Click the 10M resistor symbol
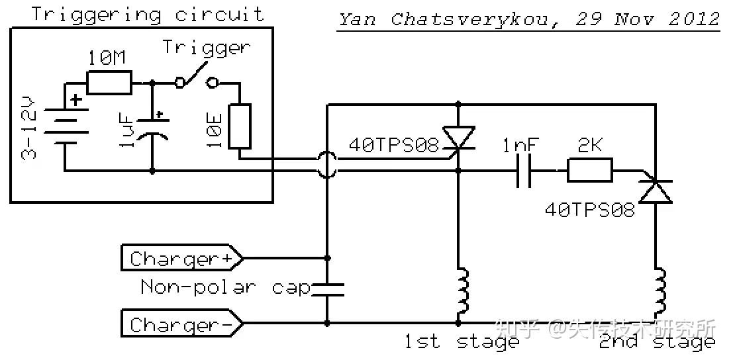[109, 83]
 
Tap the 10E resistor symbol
[240, 126]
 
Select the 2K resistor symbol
[590, 170]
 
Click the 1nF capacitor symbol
[524, 171]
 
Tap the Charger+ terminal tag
[182, 258]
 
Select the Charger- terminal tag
[182, 324]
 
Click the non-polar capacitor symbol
[327, 290]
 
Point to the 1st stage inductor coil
[462, 291]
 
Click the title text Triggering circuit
[148, 14]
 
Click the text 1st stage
[462, 341]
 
